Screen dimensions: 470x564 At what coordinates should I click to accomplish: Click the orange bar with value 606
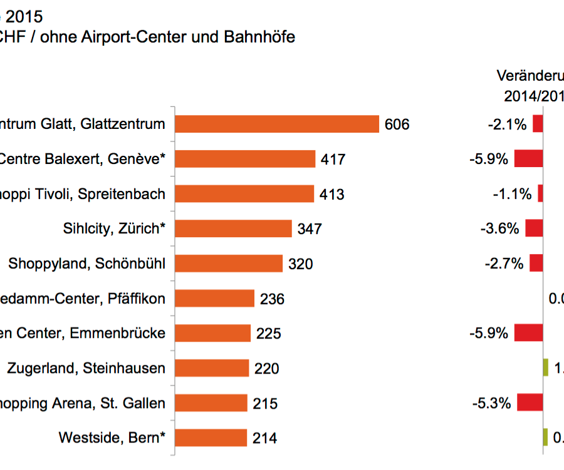[276, 124]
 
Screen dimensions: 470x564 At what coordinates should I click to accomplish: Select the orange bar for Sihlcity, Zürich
[232, 228]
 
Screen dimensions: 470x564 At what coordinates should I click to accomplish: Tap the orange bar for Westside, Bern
[211, 438]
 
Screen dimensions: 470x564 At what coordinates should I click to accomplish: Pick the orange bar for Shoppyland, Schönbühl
[228, 263]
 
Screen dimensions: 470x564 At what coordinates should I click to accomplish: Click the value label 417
[333, 160]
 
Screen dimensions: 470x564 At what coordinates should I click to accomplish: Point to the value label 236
[272, 299]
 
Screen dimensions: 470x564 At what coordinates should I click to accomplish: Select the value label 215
[265, 404]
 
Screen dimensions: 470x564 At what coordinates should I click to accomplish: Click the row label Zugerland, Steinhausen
[86, 368]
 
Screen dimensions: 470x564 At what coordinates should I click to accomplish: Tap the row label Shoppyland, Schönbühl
[87, 263]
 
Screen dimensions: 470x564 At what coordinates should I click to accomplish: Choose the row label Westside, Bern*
[112, 437]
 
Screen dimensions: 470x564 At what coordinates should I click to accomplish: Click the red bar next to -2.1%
[538, 124]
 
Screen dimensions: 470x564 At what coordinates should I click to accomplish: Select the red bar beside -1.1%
[540, 194]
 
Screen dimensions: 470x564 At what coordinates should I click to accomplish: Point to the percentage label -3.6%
[499, 228]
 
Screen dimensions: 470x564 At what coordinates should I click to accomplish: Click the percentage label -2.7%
[503, 263]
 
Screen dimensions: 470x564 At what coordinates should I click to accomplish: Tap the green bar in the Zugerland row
[546, 368]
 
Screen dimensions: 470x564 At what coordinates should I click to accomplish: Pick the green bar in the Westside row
[545, 437]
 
